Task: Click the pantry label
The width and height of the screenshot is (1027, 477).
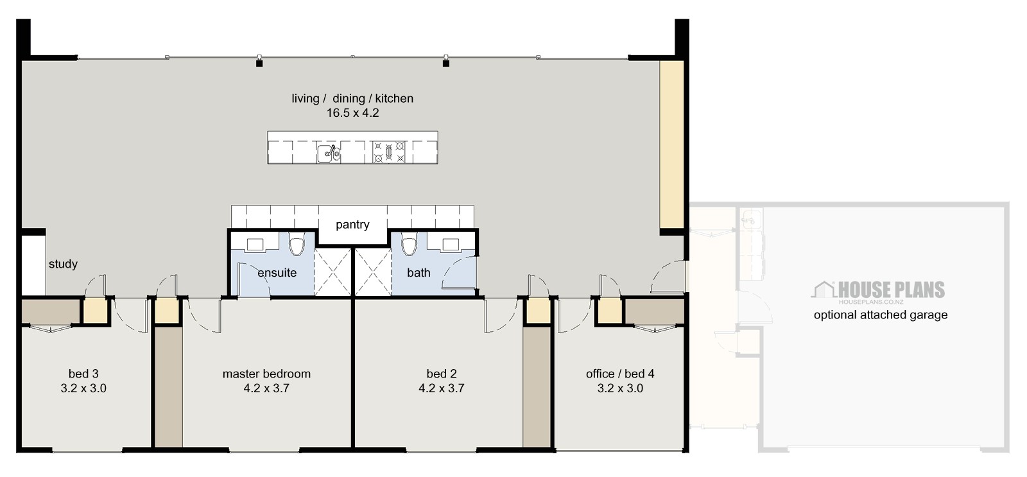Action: pos(352,225)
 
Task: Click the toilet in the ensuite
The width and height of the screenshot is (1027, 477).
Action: pos(297,245)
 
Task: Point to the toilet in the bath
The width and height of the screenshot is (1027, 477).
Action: pos(409,245)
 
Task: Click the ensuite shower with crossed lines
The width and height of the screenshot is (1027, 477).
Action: pos(334,272)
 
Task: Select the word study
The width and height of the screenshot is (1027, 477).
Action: pos(63,264)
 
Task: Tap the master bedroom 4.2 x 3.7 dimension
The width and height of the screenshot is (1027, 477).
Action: pos(266,388)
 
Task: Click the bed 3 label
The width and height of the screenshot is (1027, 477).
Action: pos(83,374)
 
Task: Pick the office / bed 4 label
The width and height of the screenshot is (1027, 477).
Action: pos(620,374)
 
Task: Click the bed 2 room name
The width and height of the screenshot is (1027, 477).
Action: pos(442,374)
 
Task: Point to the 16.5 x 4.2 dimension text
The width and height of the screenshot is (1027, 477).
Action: pos(352,113)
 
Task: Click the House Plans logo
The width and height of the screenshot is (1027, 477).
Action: pos(879,291)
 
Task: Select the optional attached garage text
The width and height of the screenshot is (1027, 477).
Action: pos(880,315)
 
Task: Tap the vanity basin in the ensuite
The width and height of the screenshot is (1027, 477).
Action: pos(255,244)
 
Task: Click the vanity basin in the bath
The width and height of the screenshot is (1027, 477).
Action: pos(451,244)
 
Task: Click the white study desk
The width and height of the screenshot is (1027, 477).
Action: pos(33,264)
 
